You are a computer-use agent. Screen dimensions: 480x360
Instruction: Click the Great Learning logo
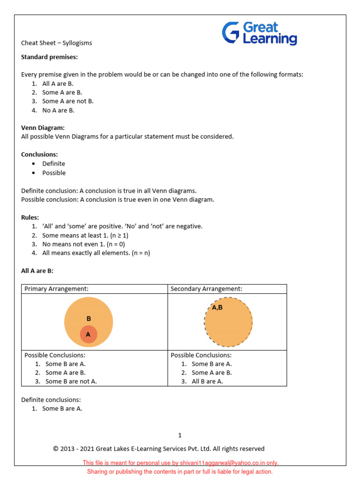click(x=259, y=33)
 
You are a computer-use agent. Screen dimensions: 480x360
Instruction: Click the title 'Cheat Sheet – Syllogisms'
click(x=56, y=43)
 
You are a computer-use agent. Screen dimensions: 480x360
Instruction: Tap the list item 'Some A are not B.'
click(x=67, y=101)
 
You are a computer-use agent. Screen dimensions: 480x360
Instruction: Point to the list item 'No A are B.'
click(x=58, y=111)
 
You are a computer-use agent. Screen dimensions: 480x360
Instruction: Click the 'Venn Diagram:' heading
click(x=43, y=127)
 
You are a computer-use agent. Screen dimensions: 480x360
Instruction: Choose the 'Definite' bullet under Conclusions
click(x=53, y=164)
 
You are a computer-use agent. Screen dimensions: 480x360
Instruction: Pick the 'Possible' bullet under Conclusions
click(x=54, y=173)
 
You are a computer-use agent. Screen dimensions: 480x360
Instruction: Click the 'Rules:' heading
click(x=30, y=217)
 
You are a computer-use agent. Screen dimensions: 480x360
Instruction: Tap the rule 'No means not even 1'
click(x=83, y=244)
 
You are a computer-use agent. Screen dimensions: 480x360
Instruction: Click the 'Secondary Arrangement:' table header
click(x=206, y=289)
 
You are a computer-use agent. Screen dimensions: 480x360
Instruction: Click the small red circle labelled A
click(x=88, y=335)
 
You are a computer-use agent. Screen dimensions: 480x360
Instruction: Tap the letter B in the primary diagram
click(x=89, y=319)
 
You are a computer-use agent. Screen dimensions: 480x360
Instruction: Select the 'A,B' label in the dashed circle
click(x=217, y=308)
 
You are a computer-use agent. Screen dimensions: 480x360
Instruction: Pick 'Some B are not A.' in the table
click(x=71, y=382)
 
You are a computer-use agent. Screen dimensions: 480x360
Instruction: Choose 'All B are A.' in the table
click(x=207, y=382)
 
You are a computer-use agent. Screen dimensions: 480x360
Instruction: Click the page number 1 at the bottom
click(x=180, y=435)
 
